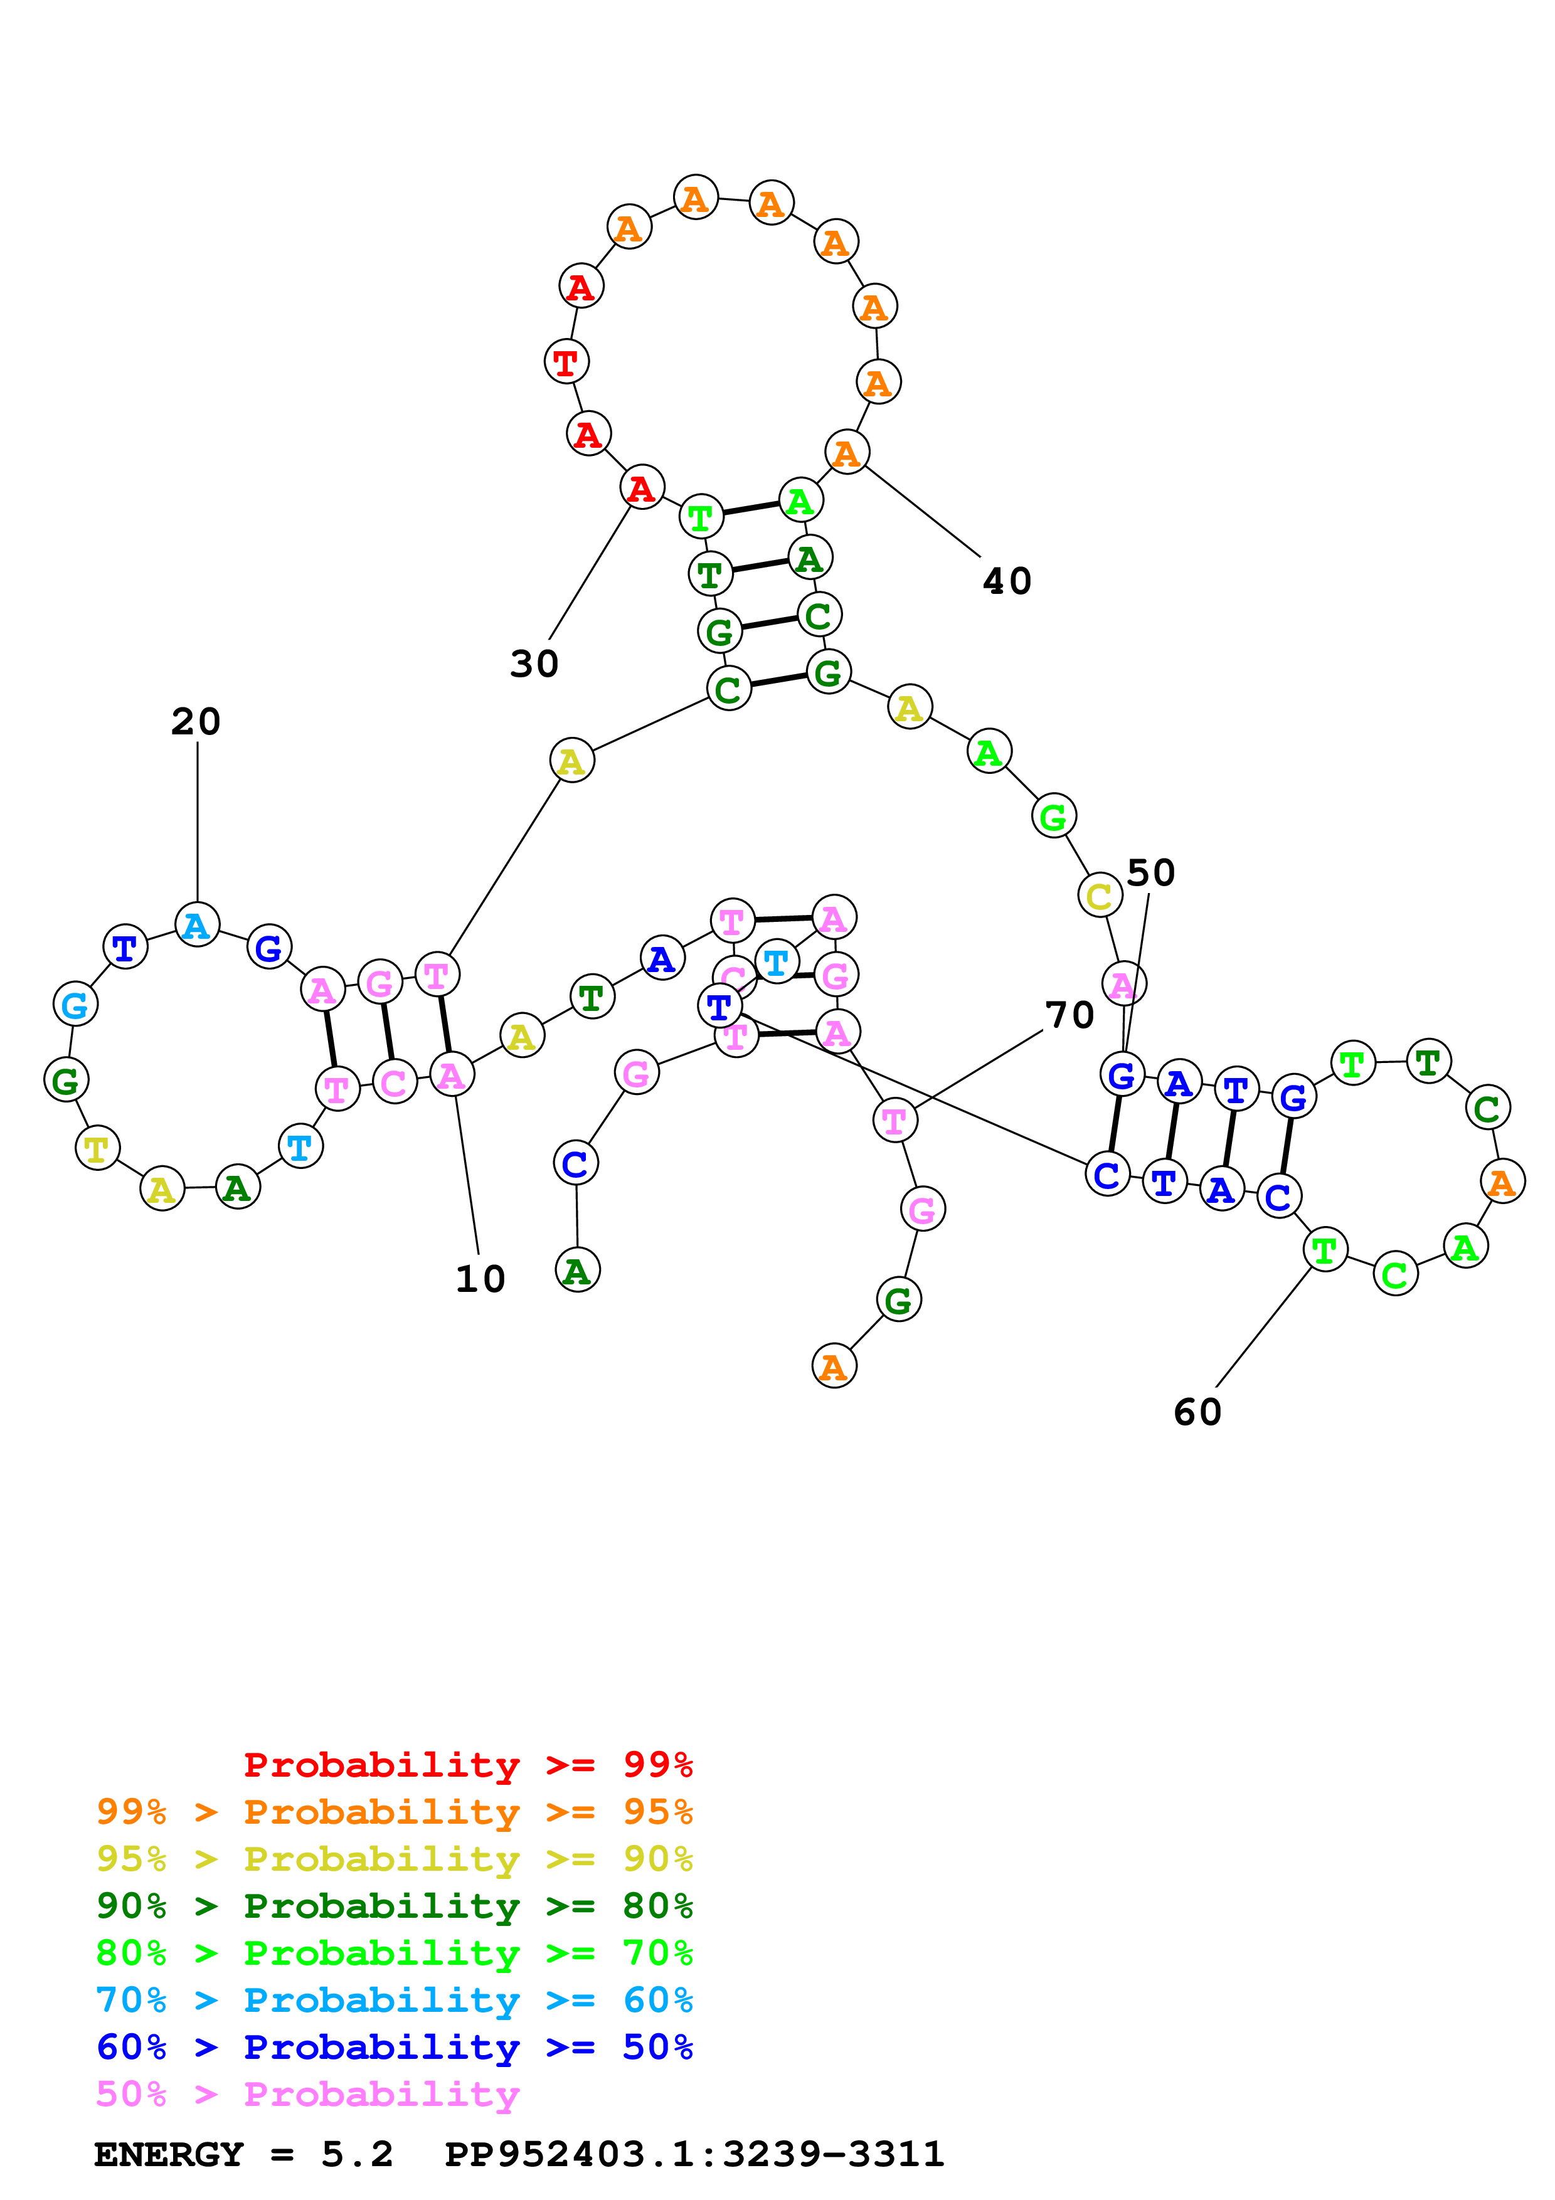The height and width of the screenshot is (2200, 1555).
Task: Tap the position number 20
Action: pos(196,721)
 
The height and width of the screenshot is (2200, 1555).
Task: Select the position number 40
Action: pos(1007,581)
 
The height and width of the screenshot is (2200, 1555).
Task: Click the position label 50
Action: pos(1150,873)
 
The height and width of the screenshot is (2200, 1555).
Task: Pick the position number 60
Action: pos(1197,1412)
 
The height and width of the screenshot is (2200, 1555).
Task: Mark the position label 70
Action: pos(1069,1015)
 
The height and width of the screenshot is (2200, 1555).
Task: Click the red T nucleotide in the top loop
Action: pos(566,362)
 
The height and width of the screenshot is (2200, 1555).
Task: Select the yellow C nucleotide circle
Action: pos(1099,896)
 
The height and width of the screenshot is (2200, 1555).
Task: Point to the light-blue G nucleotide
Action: pos(75,1004)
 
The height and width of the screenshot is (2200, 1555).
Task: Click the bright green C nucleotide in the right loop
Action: pos(1395,1274)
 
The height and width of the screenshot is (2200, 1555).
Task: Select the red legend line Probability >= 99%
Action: pos(467,1765)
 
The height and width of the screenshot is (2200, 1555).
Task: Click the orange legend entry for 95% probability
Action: pos(394,1812)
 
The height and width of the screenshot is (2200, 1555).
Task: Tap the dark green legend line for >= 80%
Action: pos(394,1906)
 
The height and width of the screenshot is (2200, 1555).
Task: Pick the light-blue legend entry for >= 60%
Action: pos(394,2000)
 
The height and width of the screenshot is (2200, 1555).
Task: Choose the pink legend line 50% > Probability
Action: pos(307,2093)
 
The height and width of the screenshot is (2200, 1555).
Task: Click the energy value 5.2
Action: pos(356,2155)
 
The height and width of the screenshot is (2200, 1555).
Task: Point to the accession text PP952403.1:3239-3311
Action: pos(694,2155)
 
